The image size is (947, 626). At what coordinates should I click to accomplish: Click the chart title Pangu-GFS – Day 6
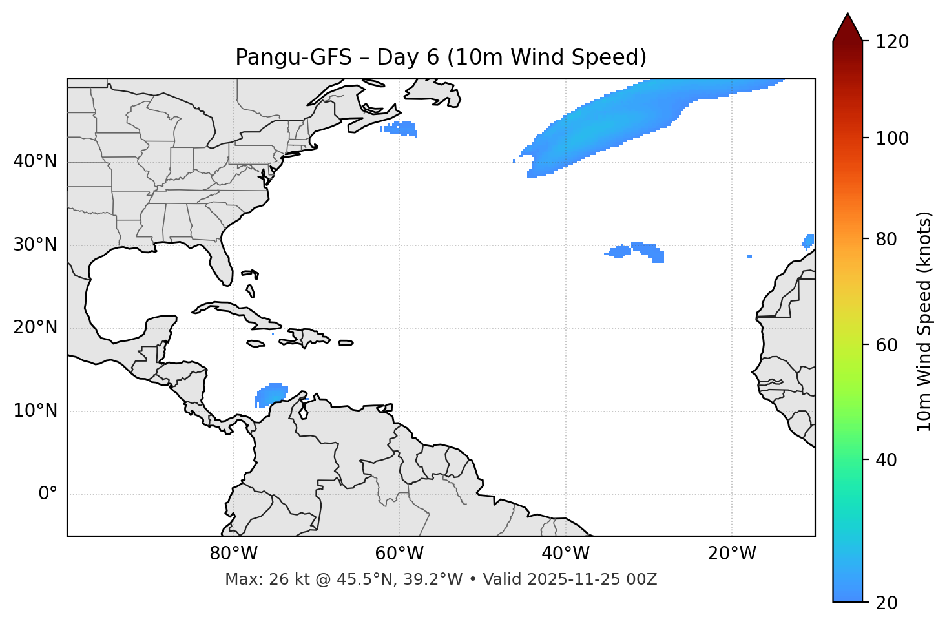tap(441, 57)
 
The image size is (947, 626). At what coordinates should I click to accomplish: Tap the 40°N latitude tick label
tap(35, 162)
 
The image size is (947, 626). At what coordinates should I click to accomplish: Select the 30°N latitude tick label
tap(35, 245)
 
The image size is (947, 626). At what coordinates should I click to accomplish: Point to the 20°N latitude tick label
tap(35, 328)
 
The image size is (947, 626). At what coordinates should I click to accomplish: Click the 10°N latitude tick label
tap(35, 411)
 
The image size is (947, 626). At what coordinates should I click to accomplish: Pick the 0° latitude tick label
tap(48, 494)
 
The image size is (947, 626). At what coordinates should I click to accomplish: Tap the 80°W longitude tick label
tap(233, 554)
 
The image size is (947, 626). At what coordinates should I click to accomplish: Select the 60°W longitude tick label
tap(399, 554)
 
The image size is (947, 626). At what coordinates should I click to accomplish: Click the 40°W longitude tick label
tap(565, 554)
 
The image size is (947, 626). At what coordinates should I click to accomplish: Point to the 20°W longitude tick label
tap(732, 554)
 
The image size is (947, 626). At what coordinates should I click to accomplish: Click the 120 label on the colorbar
tap(892, 42)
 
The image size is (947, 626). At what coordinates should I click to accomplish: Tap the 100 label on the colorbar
tap(892, 138)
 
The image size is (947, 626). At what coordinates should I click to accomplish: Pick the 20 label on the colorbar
tap(888, 603)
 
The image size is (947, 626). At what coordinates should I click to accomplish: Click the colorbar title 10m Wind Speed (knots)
tap(924, 321)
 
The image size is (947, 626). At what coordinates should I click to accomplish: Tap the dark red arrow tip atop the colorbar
tap(848, 26)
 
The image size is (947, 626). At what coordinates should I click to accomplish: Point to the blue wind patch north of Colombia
tap(271, 393)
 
